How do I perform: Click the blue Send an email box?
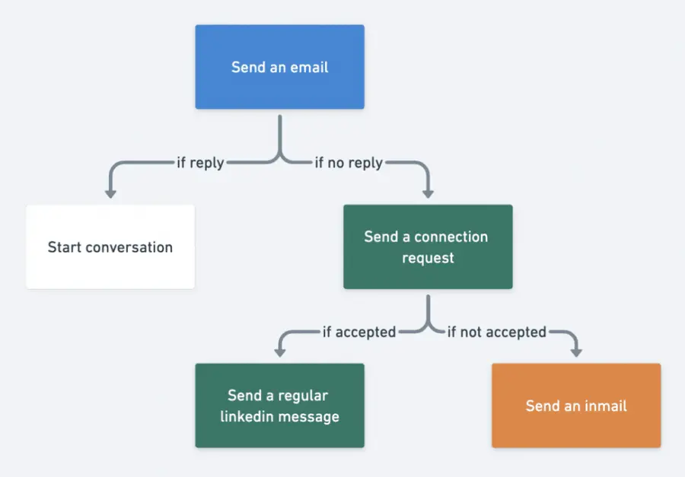pyautogui.click(x=279, y=67)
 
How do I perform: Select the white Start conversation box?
pyautogui.click(x=110, y=246)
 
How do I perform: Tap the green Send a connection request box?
pyautogui.click(x=428, y=246)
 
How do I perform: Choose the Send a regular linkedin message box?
pyautogui.click(x=279, y=405)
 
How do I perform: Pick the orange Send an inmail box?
pyautogui.click(x=576, y=405)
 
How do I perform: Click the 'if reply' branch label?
pyautogui.click(x=200, y=163)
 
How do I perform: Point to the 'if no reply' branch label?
pyautogui.click(x=349, y=163)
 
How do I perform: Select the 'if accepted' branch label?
pyautogui.click(x=358, y=332)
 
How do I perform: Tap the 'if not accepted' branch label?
pyautogui.click(x=496, y=332)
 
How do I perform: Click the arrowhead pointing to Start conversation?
pyautogui.click(x=110, y=193)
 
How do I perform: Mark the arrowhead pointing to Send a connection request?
pyautogui.click(x=428, y=193)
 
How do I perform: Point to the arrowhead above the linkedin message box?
pyautogui.click(x=279, y=352)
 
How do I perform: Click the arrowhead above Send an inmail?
pyautogui.click(x=576, y=352)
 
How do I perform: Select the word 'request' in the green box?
pyautogui.click(x=428, y=258)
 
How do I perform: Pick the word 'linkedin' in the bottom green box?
pyautogui.click(x=247, y=416)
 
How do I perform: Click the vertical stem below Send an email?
pyautogui.click(x=280, y=133)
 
